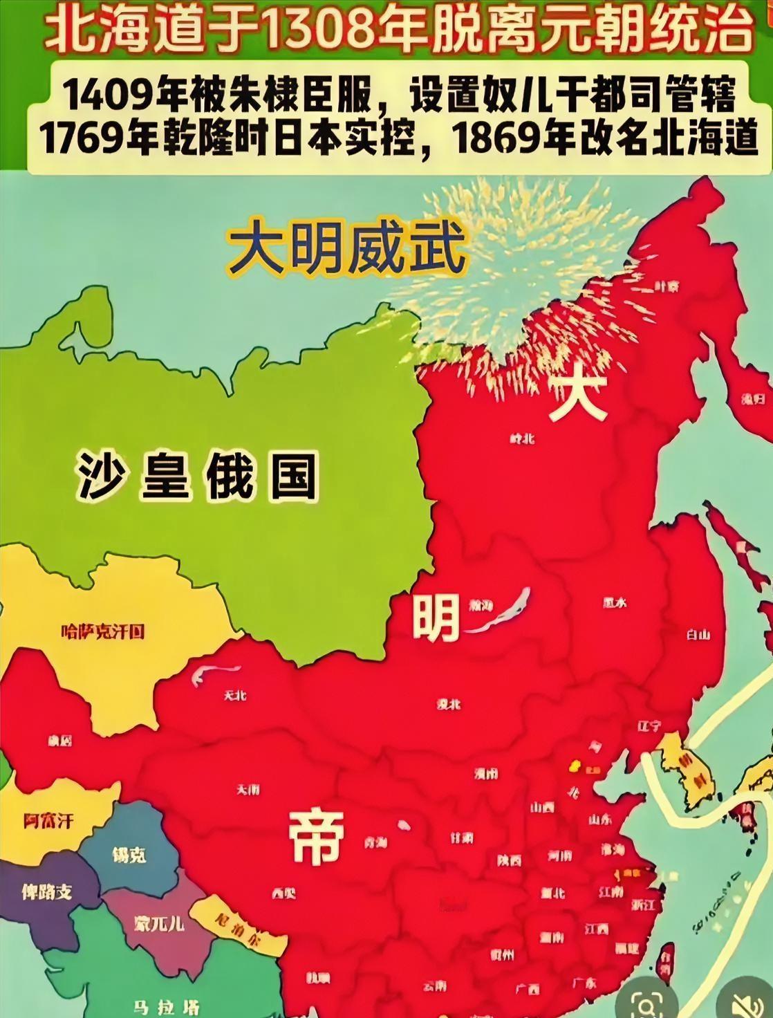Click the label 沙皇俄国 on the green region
(x=197, y=476)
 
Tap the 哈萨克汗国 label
(x=102, y=631)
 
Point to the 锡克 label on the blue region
(x=129, y=854)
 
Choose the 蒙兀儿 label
(x=158, y=922)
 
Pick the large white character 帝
(x=315, y=836)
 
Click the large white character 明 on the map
(x=436, y=618)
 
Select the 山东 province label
(x=599, y=820)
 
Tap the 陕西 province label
(x=510, y=861)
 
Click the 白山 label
(x=698, y=635)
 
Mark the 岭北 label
(x=521, y=438)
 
